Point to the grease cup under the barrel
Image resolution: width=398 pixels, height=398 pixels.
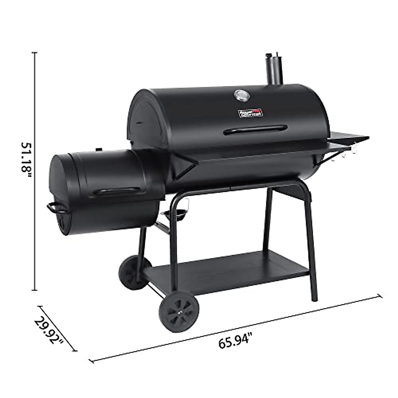[174, 216]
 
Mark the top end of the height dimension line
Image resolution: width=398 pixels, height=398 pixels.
[35, 52]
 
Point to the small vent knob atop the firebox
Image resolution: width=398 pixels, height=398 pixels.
[99, 149]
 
